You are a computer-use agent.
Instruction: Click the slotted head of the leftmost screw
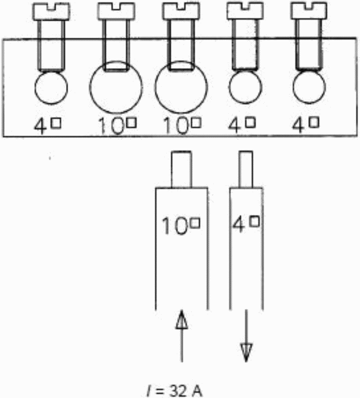pos(51,11)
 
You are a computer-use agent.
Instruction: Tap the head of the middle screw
pos(181,11)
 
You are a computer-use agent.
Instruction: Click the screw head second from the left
pos(116,11)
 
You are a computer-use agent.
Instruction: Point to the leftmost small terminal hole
pos(51,87)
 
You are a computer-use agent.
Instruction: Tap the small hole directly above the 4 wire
pos(245,87)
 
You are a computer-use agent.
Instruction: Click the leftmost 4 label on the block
pos(47,126)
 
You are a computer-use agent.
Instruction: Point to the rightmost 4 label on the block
pos(305,125)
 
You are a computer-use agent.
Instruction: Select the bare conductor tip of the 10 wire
pos(181,169)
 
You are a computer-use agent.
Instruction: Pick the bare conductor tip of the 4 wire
pos(245,169)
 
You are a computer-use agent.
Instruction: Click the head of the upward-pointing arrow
pos(181,320)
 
